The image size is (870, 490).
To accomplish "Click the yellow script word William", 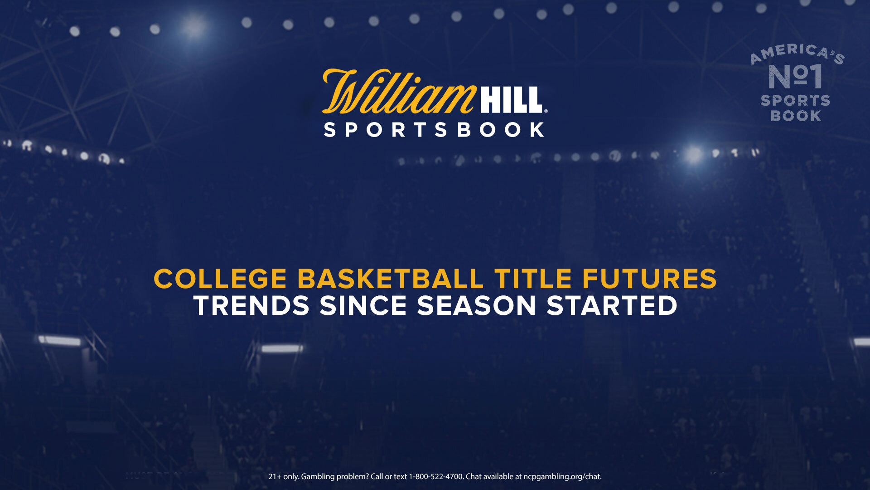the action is click(399, 92).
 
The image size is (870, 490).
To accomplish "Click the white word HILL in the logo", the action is click(511, 100).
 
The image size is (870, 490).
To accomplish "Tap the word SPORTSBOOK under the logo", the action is click(434, 130).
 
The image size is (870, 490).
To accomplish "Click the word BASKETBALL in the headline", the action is click(391, 279).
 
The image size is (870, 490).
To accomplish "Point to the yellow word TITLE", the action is click(533, 279).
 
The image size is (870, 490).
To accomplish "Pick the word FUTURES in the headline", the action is click(649, 279).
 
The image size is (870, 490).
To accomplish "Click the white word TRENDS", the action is click(251, 305).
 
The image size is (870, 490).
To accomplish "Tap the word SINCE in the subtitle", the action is click(363, 305).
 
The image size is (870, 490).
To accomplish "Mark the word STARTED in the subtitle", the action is click(612, 305).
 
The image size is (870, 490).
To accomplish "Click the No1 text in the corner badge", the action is click(795, 76).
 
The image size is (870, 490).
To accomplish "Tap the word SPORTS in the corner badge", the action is click(795, 100).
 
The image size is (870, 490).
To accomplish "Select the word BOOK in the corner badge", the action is click(796, 116).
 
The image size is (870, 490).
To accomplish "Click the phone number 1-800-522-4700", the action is click(436, 476).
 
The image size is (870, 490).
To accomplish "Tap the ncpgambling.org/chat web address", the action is click(562, 477).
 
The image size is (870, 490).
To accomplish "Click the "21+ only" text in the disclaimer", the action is click(284, 477).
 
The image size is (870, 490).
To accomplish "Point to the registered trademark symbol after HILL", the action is click(546, 111).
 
